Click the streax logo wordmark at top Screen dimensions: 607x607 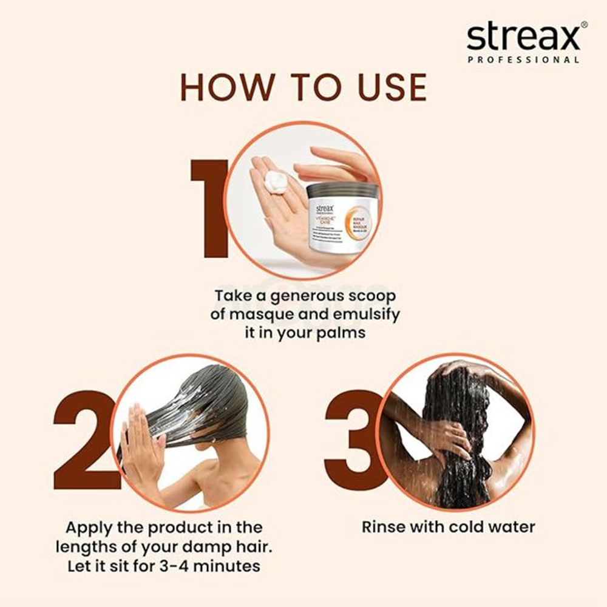click(x=523, y=38)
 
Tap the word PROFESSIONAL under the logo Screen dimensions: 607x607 click(x=523, y=60)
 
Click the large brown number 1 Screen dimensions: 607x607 click(x=209, y=209)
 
